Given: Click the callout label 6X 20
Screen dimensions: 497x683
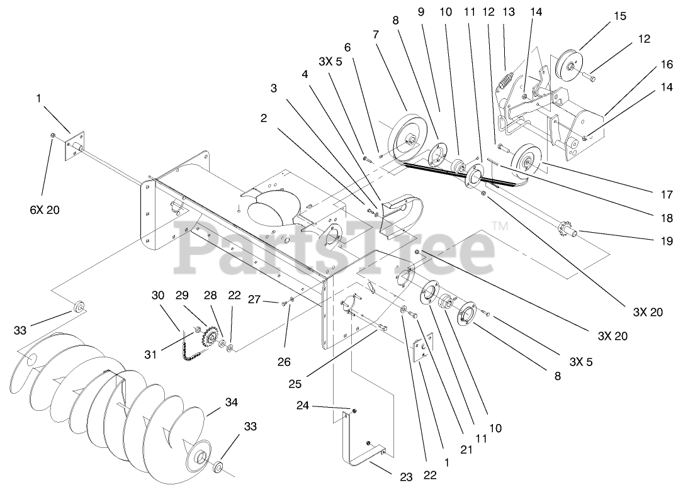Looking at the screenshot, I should coord(43,210).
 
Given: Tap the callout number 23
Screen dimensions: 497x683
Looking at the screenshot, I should coord(407,477).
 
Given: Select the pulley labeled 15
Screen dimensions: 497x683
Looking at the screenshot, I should coord(572,64).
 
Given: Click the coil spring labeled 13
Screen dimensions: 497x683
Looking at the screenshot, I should coord(504,83).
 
